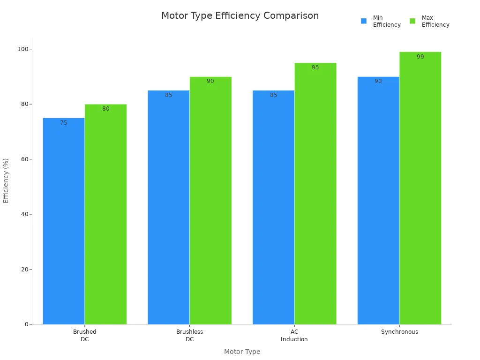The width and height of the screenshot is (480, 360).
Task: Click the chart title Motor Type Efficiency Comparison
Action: (x=240, y=15)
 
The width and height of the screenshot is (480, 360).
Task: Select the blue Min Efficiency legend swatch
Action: (x=364, y=21)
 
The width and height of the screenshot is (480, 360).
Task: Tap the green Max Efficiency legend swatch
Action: (x=412, y=21)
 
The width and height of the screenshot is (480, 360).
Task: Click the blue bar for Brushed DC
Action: (x=64, y=221)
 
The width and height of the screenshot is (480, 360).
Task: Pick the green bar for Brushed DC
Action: (x=105, y=214)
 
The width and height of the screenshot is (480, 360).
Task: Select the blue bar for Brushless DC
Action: (x=169, y=207)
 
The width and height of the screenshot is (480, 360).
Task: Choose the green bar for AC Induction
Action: (x=315, y=194)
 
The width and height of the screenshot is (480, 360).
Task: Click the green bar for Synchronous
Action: (x=420, y=188)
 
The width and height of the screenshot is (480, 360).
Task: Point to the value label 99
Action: (x=420, y=57)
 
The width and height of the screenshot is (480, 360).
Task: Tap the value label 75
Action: (x=64, y=123)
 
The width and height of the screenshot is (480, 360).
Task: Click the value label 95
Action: (x=315, y=67)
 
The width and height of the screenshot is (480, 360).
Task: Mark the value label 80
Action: (x=105, y=109)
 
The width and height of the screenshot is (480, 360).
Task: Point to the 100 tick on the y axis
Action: (x=22, y=49)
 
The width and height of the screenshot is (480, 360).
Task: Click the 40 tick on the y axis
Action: (x=24, y=214)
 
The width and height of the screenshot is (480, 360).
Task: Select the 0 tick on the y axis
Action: (x=27, y=324)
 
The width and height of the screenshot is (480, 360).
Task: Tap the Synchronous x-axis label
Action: (x=399, y=332)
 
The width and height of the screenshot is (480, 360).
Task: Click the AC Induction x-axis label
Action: (x=294, y=336)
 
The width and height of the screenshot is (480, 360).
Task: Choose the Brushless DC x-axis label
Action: (x=189, y=336)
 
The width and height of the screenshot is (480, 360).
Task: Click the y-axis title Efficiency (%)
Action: (x=6, y=180)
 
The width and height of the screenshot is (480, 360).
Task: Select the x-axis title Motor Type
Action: (x=242, y=352)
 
